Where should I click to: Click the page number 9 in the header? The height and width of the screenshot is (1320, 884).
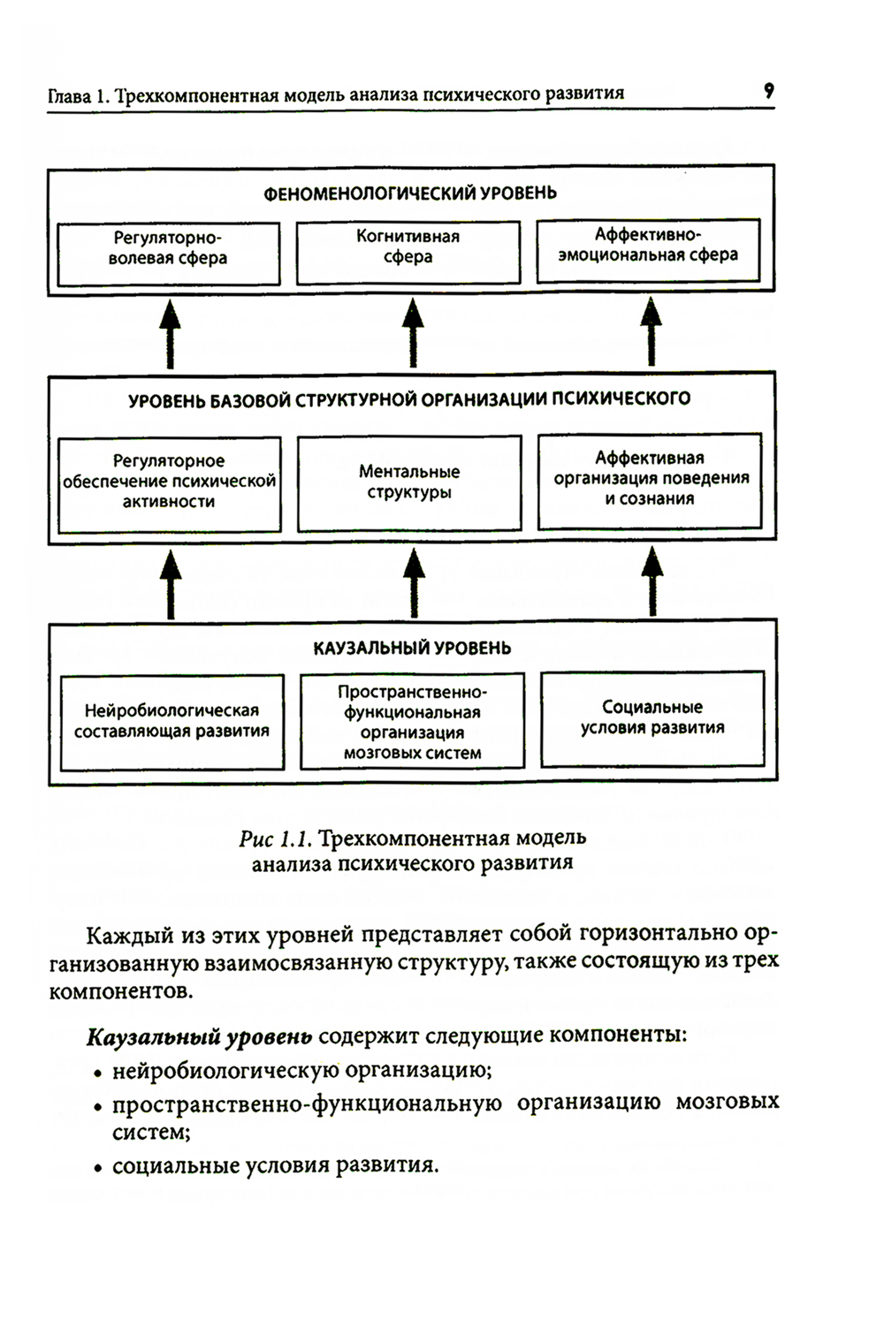(768, 90)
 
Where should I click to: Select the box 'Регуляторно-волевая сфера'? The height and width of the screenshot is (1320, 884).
(168, 253)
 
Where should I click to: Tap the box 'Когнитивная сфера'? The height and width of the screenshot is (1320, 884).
(408, 252)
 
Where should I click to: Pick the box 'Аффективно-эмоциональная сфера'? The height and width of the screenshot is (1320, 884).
(648, 250)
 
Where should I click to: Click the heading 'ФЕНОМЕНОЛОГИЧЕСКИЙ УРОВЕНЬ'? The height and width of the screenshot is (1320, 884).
(410, 193)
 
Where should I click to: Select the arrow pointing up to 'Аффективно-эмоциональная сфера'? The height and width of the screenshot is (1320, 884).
(652, 332)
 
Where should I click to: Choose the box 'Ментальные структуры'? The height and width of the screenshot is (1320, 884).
(408, 483)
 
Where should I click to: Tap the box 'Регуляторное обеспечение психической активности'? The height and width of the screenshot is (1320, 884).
(169, 484)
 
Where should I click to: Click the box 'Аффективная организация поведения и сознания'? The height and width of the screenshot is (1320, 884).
(650, 481)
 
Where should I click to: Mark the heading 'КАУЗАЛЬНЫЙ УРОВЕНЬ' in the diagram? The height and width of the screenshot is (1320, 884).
(412, 649)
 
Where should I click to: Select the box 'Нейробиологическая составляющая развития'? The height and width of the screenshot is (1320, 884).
(172, 722)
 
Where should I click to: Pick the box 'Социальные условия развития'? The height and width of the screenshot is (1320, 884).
(652, 718)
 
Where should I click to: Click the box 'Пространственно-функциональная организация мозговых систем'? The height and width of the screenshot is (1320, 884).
(412, 721)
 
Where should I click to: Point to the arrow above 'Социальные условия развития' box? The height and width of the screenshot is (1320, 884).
(652, 580)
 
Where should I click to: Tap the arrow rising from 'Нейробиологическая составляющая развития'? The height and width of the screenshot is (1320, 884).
(171, 582)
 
